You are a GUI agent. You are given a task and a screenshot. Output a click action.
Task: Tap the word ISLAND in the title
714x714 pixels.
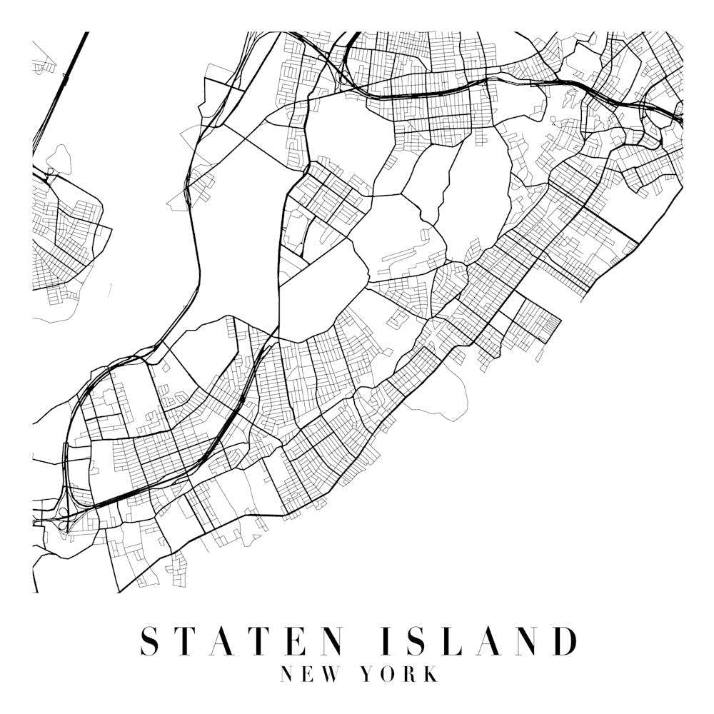point(479,640)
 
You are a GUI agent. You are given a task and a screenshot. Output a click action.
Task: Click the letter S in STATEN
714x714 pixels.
point(149,640)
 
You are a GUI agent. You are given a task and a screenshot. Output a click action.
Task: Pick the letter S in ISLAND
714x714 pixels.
point(415,640)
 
